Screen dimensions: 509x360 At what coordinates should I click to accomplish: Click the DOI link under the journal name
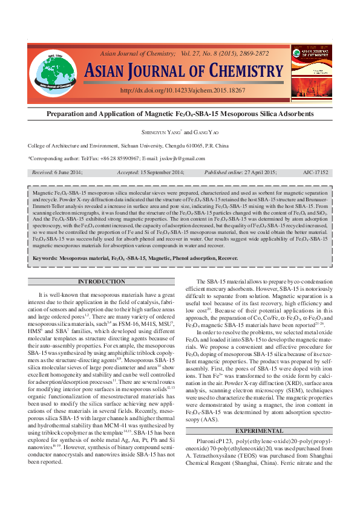183,90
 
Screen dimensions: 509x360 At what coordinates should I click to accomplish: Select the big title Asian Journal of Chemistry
183,71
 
